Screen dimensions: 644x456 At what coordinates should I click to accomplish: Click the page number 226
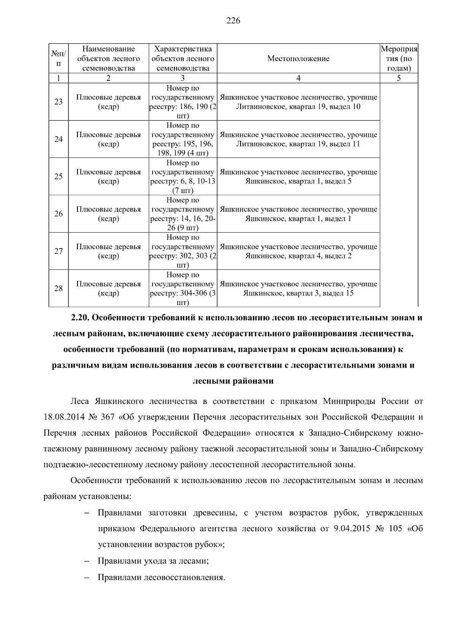click(233, 21)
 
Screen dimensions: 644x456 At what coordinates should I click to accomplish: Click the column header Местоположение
click(298, 59)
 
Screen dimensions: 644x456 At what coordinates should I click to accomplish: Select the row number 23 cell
click(59, 102)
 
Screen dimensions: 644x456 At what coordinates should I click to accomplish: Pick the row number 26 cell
click(59, 214)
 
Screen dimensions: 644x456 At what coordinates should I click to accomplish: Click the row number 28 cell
click(59, 288)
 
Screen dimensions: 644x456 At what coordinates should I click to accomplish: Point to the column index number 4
click(298, 78)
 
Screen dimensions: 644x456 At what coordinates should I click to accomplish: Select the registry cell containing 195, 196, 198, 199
click(183, 139)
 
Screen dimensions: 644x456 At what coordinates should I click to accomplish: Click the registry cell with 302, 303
click(183, 251)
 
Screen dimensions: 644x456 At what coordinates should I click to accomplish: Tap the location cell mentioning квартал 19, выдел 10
click(298, 102)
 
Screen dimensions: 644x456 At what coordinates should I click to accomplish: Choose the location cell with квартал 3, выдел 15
click(298, 289)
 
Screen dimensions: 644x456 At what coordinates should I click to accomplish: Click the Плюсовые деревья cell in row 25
click(108, 176)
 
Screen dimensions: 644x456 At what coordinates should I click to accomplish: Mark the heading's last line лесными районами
click(233, 381)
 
